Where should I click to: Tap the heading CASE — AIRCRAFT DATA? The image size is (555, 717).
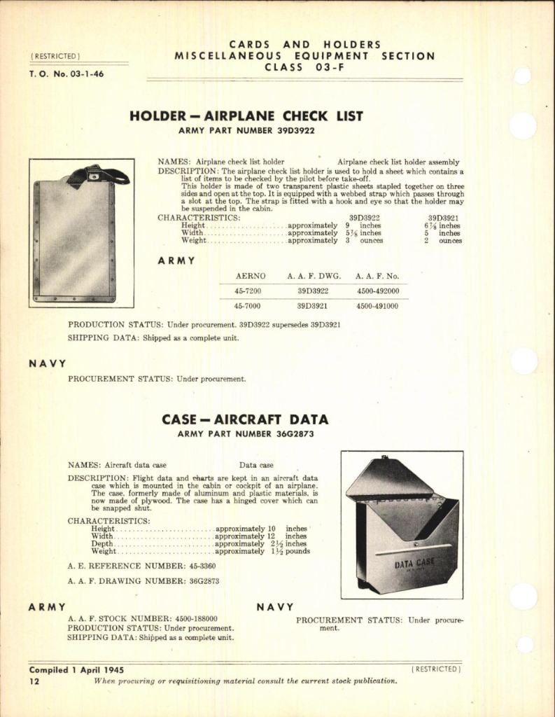pyautogui.click(x=245, y=419)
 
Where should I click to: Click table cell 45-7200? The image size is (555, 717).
pyautogui.click(x=251, y=291)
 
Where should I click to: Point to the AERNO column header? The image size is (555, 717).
pyautogui.click(x=251, y=276)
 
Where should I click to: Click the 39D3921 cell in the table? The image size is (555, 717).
pyautogui.click(x=313, y=306)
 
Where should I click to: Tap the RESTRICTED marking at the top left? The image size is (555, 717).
pyautogui.click(x=55, y=56)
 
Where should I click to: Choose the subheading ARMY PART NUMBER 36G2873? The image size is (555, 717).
pyautogui.click(x=246, y=434)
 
